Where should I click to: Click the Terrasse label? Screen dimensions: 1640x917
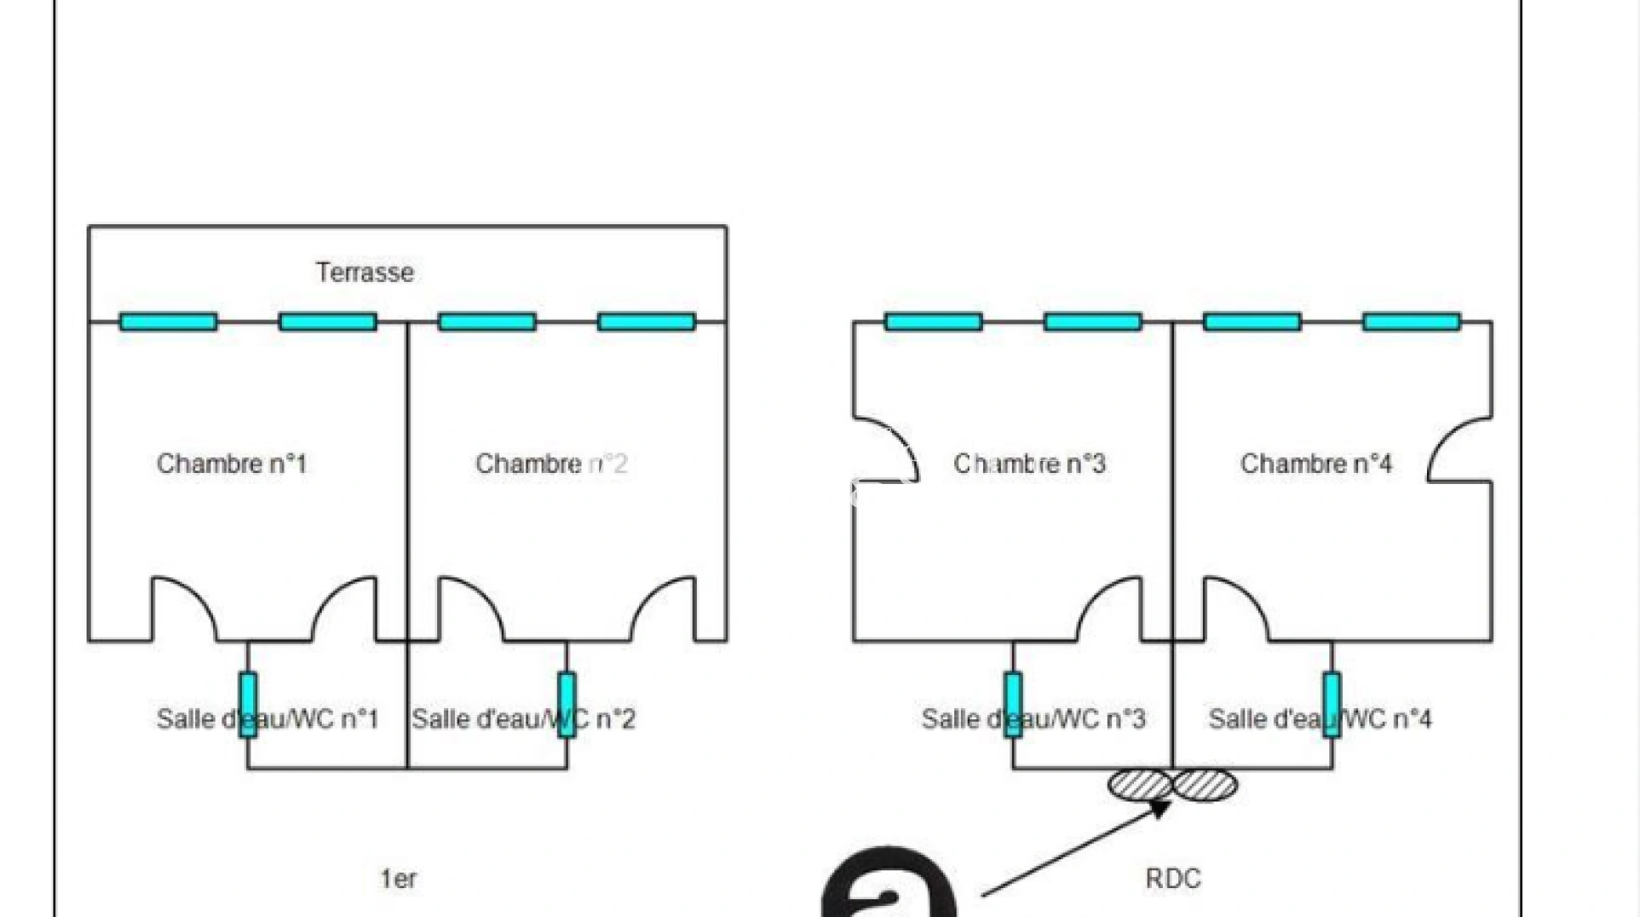point(365,273)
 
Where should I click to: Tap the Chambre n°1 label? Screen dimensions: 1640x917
point(231,464)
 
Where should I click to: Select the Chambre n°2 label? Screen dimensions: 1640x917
point(551,464)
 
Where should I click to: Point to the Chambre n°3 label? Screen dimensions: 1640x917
point(1030,464)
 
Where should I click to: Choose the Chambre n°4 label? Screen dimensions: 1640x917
point(1316,464)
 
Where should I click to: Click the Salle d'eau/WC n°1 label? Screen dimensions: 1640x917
point(267,719)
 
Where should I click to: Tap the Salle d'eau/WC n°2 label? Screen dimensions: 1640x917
point(524,719)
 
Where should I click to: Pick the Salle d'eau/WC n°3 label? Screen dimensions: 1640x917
point(1034,719)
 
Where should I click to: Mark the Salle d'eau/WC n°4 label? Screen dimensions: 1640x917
point(1320,719)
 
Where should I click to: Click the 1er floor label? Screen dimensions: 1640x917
point(398,879)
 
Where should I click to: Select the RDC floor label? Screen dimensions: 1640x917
point(1173,879)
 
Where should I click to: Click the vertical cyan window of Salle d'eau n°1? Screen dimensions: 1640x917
point(248,705)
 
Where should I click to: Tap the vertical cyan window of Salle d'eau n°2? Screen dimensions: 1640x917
point(567,705)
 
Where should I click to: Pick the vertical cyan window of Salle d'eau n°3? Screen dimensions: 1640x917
point(1013,705)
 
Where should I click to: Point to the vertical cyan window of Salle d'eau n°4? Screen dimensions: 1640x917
point(1332,705)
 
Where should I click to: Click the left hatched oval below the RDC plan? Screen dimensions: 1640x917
point(1141,785)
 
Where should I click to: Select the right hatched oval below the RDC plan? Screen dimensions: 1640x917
point(1205,785)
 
